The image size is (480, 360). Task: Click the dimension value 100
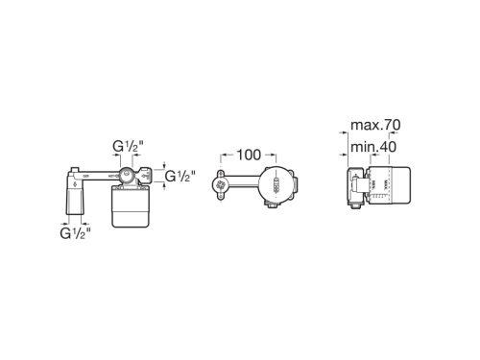(x=250, y=153)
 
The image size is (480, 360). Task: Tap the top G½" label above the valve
(x=128, y=146)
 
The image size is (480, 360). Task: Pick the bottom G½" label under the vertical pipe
(x=75, y=232)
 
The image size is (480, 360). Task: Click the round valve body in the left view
(x=125, y=177)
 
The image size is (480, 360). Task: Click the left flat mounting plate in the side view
(x=349, y=187)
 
